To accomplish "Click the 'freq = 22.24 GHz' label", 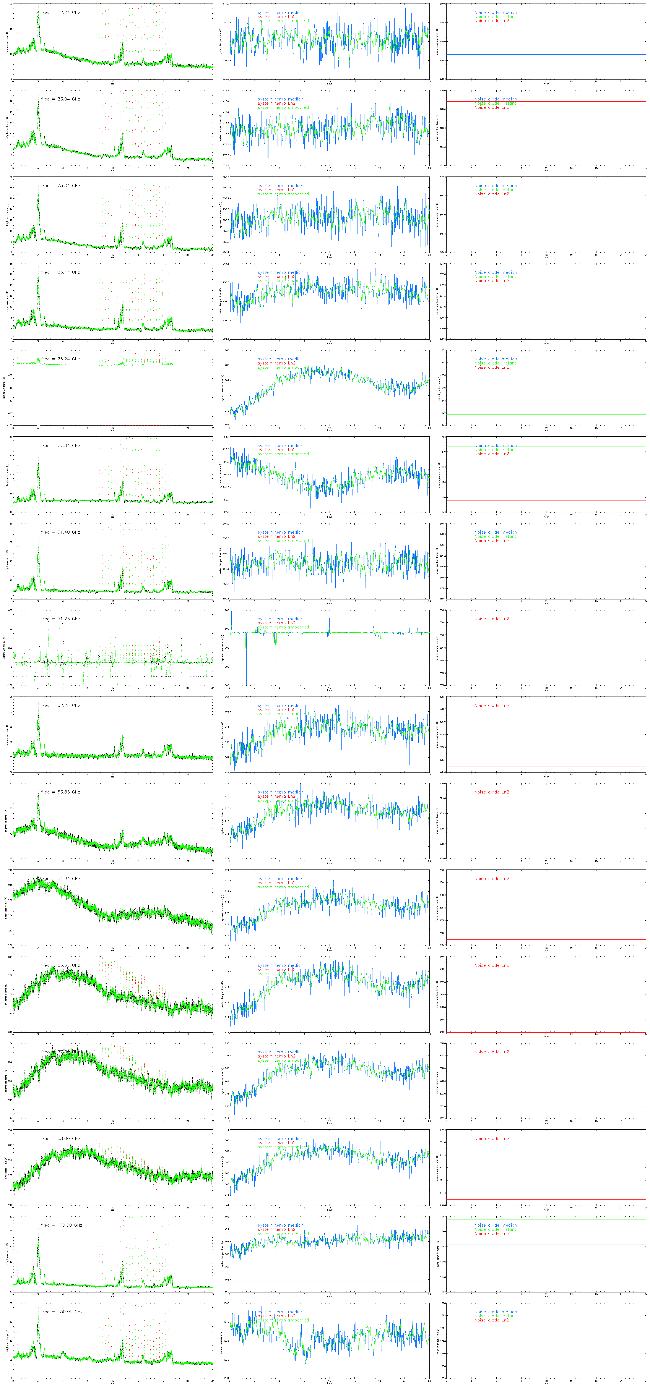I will click(60, 12).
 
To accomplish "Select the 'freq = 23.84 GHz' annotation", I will click(60, 186).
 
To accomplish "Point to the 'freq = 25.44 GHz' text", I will click(60, 272).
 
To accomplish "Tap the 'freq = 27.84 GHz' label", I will click(60, 445).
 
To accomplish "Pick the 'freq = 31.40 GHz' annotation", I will click(60, 532).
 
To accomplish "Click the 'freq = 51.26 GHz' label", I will click(60, 619).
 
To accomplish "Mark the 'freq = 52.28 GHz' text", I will click(60, 705).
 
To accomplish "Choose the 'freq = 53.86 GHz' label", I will click(60, 792).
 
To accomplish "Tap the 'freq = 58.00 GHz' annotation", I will click(60, 1138).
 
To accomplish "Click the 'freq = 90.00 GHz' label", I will click(61, 1225).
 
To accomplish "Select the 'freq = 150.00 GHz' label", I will click(61, 1312).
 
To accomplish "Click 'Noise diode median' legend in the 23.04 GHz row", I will click(495, 99).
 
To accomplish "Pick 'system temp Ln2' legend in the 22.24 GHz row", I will click(276, 17).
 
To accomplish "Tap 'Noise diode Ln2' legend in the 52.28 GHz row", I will click(491, 705).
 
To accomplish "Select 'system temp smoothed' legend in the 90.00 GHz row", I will click(283, 1234).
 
